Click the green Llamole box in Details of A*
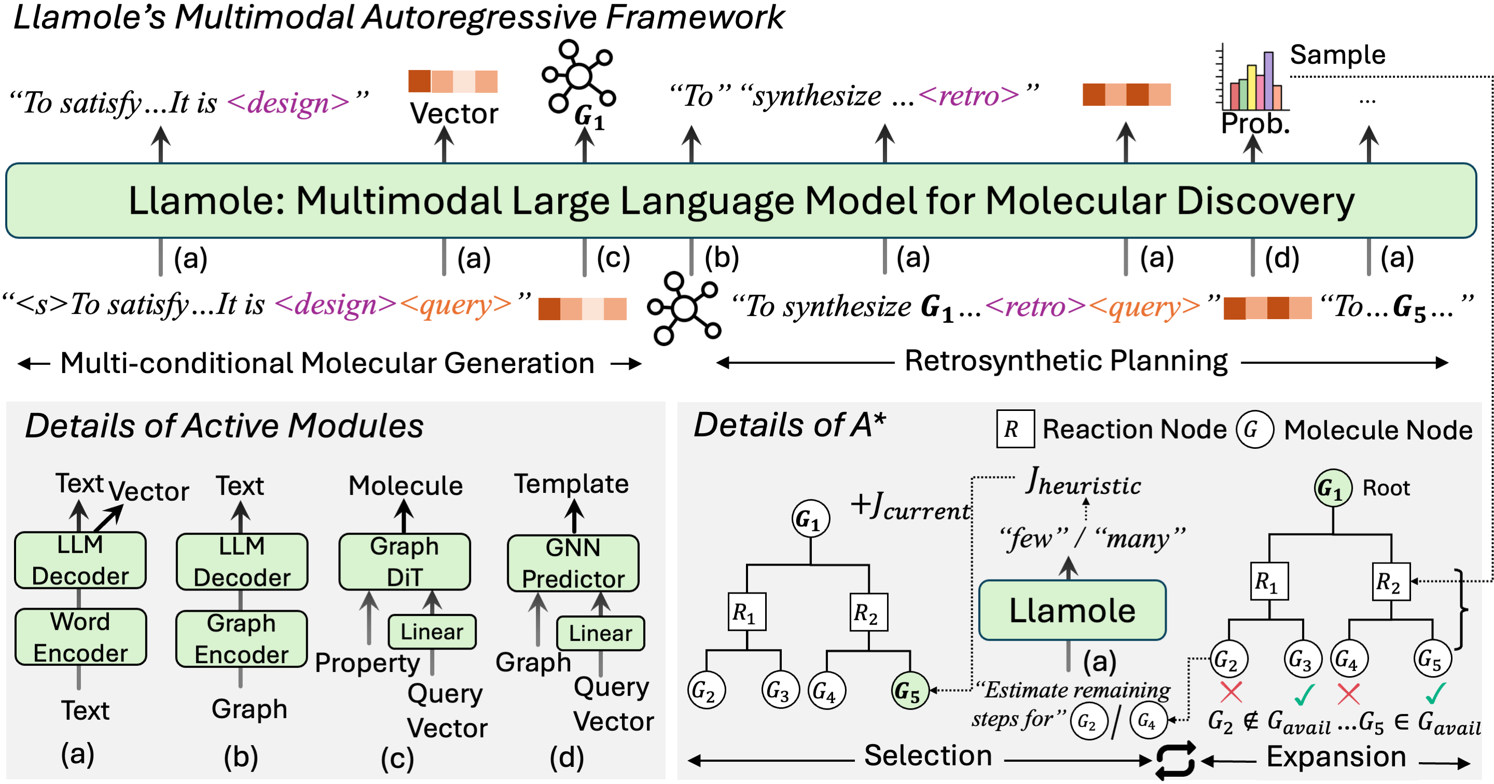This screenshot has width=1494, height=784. coord(1072,611)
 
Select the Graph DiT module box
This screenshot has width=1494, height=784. coord(405,562)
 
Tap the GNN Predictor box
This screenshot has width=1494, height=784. coord(573,563)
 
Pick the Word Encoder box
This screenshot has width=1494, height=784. coord(80,637)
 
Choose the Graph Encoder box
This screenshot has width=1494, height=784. coord(241,638)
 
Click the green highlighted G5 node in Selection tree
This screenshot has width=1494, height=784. coord(909,691)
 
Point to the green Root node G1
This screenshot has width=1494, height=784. coord(1333,488)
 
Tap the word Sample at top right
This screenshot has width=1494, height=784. coord(1337,55)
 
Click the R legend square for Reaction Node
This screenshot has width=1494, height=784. coord(1015,429)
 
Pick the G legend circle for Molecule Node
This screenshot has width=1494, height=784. coord(1254,430)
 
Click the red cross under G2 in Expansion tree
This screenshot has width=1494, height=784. coord(1230,692)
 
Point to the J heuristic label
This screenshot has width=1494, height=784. coord(1083,483)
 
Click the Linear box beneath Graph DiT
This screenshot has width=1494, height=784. coord(432,631)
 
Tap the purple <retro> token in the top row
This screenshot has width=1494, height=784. coord(969,95)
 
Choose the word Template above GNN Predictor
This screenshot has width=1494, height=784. coord(571,484)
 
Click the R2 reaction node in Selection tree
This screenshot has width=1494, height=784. coord(868,612)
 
